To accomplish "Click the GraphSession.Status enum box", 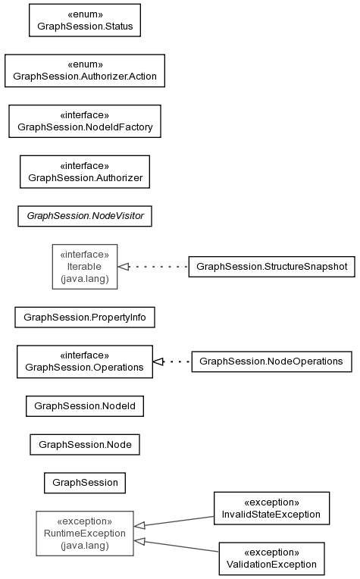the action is coord(85,20).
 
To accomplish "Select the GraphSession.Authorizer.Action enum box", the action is coord(85,71).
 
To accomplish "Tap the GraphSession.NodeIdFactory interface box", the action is coord(85,121).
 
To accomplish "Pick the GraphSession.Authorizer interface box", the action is coord(85,172).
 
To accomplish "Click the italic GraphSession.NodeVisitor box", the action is coord(85,216).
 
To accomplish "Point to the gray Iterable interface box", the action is coord(85,267).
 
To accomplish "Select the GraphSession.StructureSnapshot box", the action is coord(272,267).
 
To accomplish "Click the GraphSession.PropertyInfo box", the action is coord(85,318).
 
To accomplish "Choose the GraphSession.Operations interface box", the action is coord(85,361).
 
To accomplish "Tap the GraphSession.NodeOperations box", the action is coord(272,361).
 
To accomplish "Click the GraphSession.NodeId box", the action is coord(85,406).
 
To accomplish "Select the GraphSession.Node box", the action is coord(85,445).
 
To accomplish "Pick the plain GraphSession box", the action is coord(85,483).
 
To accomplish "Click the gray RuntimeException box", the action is coord(85,534).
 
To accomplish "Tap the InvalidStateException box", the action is coord(272,508).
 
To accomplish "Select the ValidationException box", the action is coord(272,559).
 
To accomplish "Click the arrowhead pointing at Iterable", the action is coord(124,267).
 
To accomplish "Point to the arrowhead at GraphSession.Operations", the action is coord(158,361).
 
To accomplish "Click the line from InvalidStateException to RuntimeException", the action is coord(174,521).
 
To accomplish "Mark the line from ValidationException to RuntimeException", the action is coord(176,546).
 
